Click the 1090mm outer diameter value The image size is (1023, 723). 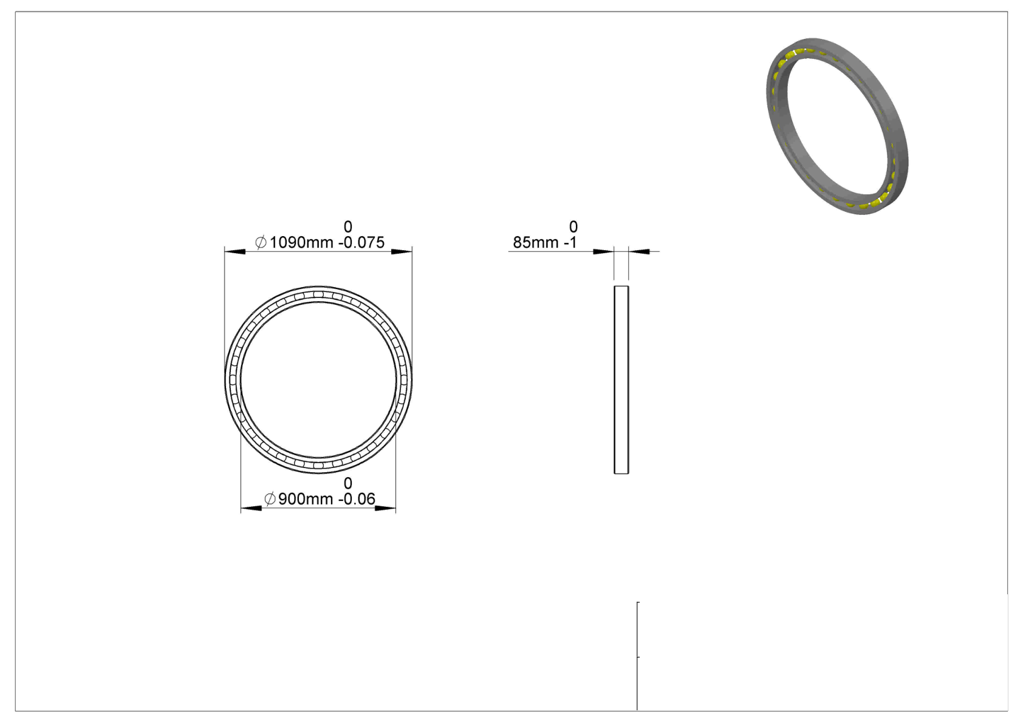pyautogui.click(x=301, y=242)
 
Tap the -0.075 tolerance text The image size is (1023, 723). pyautogui.click(x=361, y=242)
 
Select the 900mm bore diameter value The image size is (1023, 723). pyautogui.click(x=306, y=499)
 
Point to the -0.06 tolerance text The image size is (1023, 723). pyautogui.click(x=357, y=499)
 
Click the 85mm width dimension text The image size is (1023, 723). pyautogui.click(x=536, y=242)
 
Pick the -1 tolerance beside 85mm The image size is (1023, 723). pyautogui.click(x=570, y=242)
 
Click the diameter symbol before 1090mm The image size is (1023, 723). pyautogui.click(x=261, y=242)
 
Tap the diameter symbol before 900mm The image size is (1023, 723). pyautogui.click(x=270, y=499)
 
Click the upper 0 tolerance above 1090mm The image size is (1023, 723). pyautogui.click(x=348, y=227)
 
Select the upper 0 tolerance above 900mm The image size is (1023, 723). pyautogui.click(x=348, y=483)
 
